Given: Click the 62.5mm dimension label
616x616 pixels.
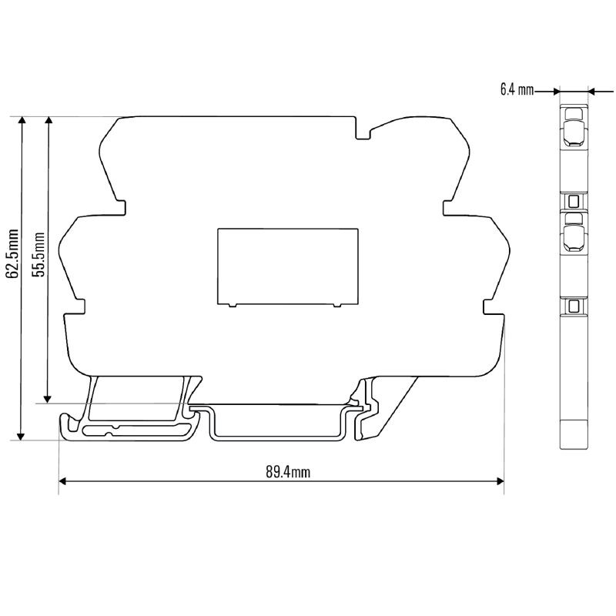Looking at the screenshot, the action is coord(13,253).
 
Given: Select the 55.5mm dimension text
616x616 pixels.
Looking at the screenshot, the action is coord(40,255).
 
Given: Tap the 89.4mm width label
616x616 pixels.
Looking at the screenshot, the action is coord(288,472).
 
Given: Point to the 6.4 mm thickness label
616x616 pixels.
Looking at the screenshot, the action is coord(517,90).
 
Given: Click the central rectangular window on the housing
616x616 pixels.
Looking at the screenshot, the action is coord(287,266).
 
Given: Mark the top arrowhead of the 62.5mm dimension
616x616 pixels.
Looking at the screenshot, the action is coord(22,120).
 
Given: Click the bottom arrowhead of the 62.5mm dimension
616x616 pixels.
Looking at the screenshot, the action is coord(22,436).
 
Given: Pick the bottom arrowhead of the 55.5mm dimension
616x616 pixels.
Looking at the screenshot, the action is coord(48,399).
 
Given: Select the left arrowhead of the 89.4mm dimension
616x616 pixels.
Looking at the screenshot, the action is coord(63,481).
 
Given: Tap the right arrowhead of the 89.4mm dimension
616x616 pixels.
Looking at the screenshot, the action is coord(500,481).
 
